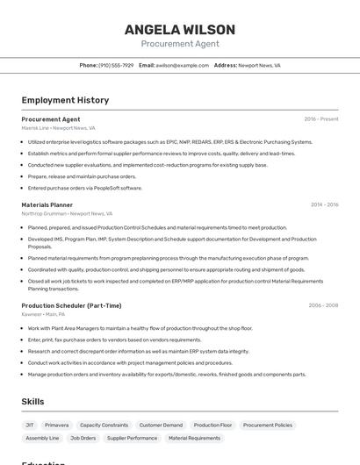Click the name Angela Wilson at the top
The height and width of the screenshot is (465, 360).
coord(179,30)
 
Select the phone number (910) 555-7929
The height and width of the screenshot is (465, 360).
coord(116,65)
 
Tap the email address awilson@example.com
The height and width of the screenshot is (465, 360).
coord(182,65)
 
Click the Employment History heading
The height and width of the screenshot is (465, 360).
coord(65,100)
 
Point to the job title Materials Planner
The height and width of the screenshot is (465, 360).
coord(47,204)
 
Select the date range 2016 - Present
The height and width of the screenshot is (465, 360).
coord(321,119)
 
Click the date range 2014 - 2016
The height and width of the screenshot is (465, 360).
coord(324,204)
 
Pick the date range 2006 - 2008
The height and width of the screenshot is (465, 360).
coord(323,305)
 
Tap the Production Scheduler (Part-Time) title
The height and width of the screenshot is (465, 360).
coord(71,305)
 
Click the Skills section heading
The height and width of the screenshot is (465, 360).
coord(33,402)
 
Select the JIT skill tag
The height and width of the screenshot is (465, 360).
coord(30,425)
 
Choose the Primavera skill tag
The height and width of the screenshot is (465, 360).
coord(56,425)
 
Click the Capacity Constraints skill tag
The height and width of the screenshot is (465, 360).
coord(104,425)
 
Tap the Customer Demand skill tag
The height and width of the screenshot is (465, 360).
coord(161,425)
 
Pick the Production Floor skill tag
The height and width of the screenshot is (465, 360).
coord(212,425)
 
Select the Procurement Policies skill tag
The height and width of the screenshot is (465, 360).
coord(267,425)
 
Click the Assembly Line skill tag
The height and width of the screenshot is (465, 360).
coord(42,438)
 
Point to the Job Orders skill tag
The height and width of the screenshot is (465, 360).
coord(83,438)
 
